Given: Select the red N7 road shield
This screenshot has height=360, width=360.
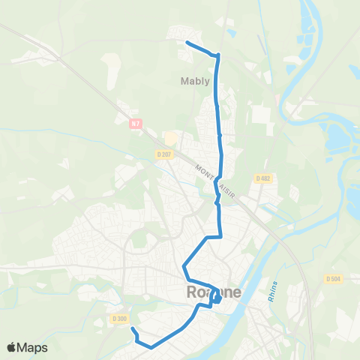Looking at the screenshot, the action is [x=135, y=124].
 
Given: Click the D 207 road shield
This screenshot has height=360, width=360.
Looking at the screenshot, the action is [x=164, y=154].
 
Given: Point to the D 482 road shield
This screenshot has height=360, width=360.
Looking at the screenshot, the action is [x=262, y=178].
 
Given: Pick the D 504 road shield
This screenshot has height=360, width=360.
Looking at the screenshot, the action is [x=334, y=279].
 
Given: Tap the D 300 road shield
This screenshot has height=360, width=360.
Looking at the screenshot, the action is [x=119, y=319].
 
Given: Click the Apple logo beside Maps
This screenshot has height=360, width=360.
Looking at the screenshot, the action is [x=12, y=347].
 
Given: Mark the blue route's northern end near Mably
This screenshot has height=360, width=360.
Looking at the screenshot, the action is [x=186, y=43].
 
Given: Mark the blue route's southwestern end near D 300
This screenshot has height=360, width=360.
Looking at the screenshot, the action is [x=132, y=329].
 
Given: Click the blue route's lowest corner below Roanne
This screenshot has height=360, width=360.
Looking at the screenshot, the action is [x=151, y=347].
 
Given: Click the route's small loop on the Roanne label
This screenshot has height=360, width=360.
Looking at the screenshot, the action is [x=216, y=298].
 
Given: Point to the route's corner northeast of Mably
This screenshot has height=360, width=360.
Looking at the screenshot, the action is [x=217, y=55].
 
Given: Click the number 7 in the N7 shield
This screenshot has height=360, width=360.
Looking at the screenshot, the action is [x=138, y=124].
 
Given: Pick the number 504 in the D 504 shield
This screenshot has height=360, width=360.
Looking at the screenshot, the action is [x=337, y=279].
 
